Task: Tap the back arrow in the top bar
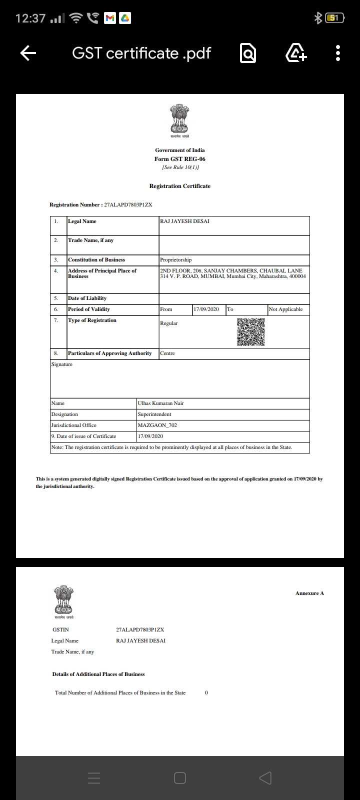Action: click(28, 53)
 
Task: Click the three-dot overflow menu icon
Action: click(338, 53)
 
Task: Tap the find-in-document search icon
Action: click(248, 53)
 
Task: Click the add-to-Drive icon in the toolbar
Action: click(296, 53)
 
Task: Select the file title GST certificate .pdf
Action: click(141, 53)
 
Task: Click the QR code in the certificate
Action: click(250, 332)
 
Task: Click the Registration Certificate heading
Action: click(180, 186)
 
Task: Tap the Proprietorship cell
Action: click(176, 260)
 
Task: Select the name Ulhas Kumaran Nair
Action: click(160, 403)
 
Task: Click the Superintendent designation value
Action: click(154, 414)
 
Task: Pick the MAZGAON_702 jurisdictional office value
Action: click(157, 425)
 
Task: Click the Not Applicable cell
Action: click(285, 309)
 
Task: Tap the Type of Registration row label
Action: click(92, 320)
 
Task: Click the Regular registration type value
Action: click(169, 323)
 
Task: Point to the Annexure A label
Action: click(309, 593)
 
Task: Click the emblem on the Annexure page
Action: click(63, 600)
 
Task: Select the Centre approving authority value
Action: click(167, 353)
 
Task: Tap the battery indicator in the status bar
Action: click(334, 18)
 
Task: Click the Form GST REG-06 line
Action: click(180, 159)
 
